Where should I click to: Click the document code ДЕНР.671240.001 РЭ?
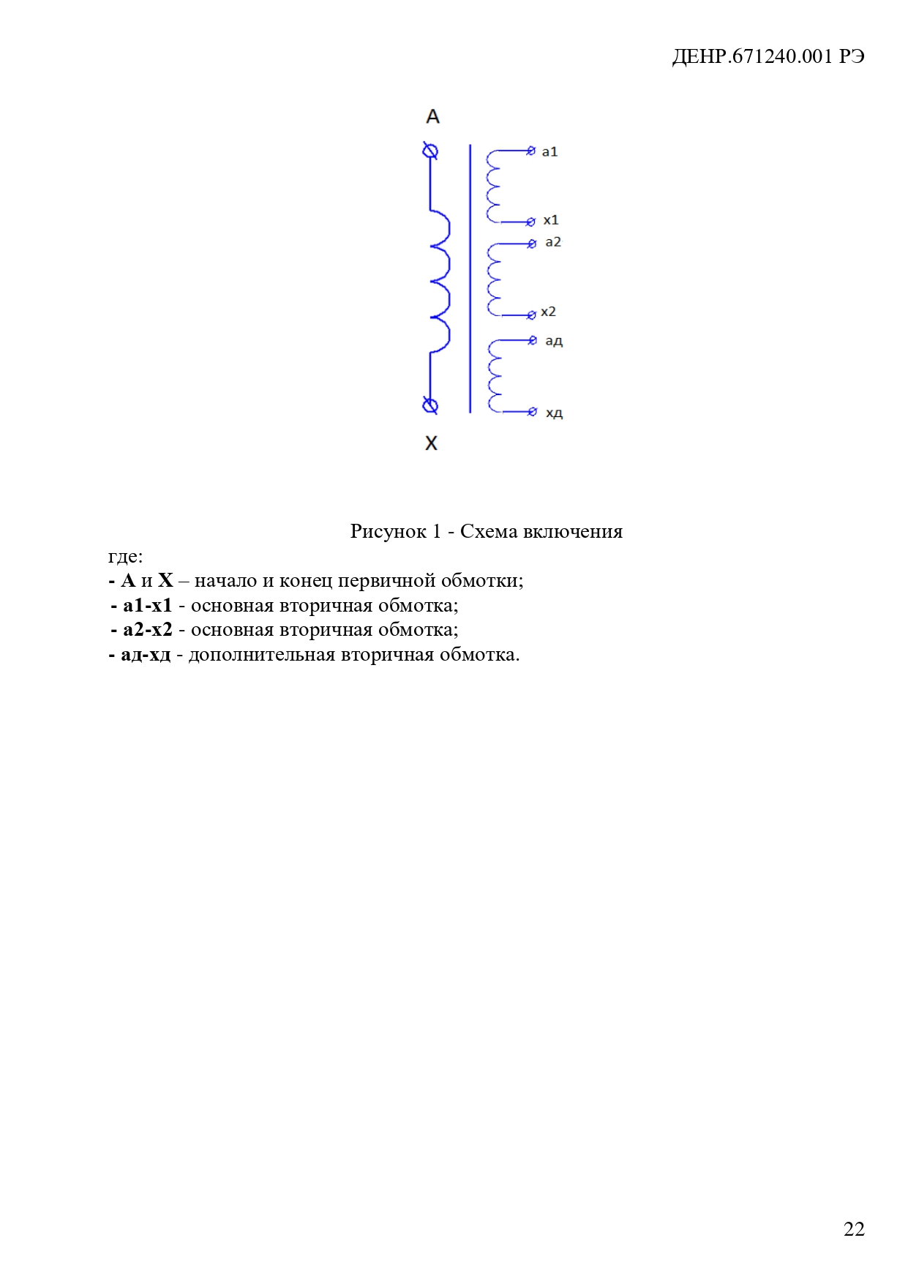(768, 57)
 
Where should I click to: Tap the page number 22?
(853, 1229)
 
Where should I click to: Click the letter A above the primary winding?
(432, 116)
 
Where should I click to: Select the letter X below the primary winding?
(431, 443)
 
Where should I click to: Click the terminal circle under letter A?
(431, 151)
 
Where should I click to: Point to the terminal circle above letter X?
(430, 405)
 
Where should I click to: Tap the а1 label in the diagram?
(549, 152)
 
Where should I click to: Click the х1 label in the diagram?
(550, 220)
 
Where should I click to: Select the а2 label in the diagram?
(553, 242)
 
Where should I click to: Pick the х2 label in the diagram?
(548, 312)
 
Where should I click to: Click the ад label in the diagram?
(554, 341)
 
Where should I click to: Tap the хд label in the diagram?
(554, 413)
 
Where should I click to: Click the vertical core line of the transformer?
(470, 278)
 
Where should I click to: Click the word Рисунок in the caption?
(388, 531)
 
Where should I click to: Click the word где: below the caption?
(125, 556)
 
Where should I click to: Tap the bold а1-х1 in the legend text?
(147, 606)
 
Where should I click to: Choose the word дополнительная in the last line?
(261, 655)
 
